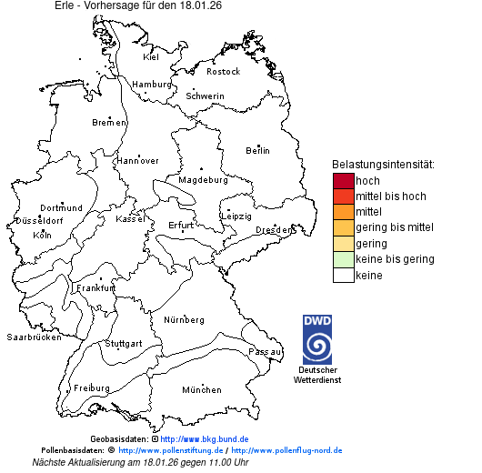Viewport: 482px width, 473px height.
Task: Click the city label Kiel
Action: pos(151,57)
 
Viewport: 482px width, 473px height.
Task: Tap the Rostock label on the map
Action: pos(223,72)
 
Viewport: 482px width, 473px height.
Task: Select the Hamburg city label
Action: pos(152,85)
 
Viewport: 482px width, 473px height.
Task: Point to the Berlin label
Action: pos(257,150)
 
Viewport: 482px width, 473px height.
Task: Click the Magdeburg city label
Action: pos(203,180)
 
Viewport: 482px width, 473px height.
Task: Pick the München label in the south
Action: pos(201,390)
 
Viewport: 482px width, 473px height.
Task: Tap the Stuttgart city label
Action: pos(124,344)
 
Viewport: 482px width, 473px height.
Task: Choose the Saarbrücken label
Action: pos(34,337)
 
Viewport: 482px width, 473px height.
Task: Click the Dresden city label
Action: pos(274,230)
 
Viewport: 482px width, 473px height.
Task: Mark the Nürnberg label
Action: pos(184,320)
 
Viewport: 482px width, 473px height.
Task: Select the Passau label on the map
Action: pos(265,351)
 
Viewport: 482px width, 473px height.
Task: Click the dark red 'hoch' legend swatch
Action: pos(343,180)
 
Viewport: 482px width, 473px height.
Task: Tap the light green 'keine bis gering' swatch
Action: pos(343,259)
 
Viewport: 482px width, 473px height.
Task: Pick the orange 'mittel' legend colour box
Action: pos(343,212)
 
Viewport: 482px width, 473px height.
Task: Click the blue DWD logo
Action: pos(318,339)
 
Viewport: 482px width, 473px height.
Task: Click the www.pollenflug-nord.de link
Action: pos(286,450)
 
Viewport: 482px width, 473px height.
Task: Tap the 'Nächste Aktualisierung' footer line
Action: pos(140,462)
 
